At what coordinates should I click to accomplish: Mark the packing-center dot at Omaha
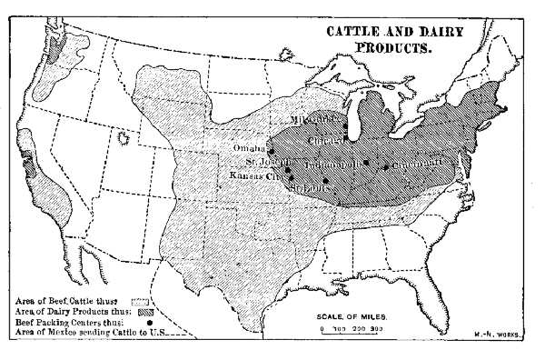[x=271, y=149]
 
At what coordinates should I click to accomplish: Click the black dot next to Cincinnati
[x=386, y=167]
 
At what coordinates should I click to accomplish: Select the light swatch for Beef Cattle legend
[x=143, y=298]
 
